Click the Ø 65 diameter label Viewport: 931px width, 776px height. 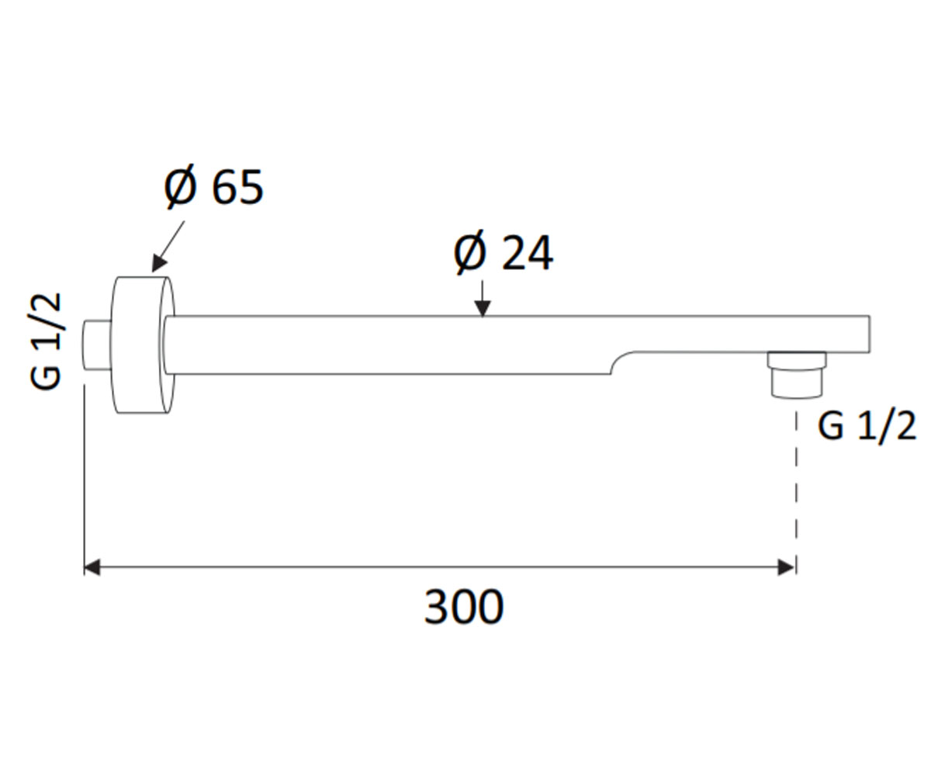pyautogui.click(x=214, y=186)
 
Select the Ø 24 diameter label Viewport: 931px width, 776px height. pyautogui.click(x=504, y=252)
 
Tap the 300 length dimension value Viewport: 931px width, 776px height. pyautogui.click(x=464, y=606)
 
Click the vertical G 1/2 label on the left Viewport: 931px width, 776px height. pyautogui.click(x=44, y=341)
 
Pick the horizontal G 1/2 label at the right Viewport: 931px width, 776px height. pyautogui.click(x=867, y=426)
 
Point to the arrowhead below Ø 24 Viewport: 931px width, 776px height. pyautogui.click(x=483, y=308)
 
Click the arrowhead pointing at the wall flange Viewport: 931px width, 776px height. pyautogui.click(x=159, y=263)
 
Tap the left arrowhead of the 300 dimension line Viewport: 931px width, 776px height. pyautogui.click(x=92, y=568)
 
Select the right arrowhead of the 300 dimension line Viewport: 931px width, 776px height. pyautogui.click(x=786, y=568)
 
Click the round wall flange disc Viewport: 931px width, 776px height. pyautogui.click(x=143, y=345)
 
